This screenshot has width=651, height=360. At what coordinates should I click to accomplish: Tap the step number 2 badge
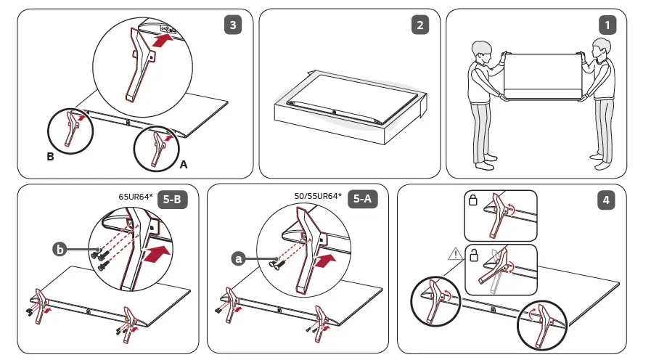(x=419, y=25)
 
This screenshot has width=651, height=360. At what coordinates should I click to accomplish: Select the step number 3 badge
(x=232, y=25)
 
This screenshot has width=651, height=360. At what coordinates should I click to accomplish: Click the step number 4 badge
(x=606, y=200)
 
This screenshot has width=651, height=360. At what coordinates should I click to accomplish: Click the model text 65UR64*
(x=135, y=196)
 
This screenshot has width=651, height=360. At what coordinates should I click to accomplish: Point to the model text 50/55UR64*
(x=318, y=196)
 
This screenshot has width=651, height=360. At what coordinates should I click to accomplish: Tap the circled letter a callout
(x=239, y=257)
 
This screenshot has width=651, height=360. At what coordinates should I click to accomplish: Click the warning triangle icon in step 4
(x=455, y=253)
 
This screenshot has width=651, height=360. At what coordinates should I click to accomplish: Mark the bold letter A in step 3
(x=184, y=165)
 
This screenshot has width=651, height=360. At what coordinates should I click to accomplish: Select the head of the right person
(x=601, y=52)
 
